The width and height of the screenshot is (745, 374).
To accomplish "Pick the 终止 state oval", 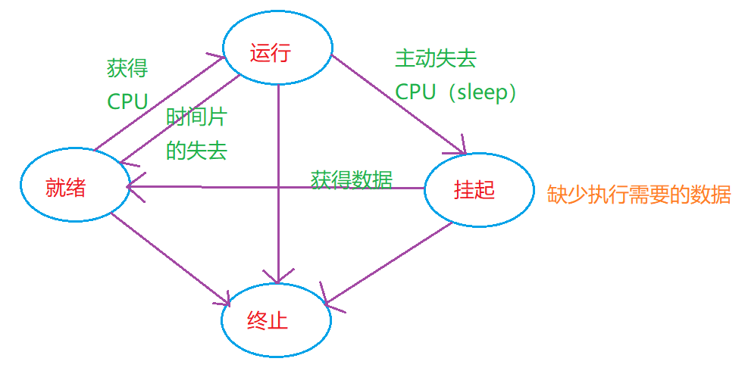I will [x=276, y=320].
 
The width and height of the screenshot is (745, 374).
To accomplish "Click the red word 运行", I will [x=271, y=54].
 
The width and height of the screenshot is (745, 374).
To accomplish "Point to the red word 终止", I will [x=268, y=320].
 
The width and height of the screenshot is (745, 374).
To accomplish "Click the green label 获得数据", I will [x=352, y=179].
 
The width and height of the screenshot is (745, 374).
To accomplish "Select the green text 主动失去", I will [x=436, y=58].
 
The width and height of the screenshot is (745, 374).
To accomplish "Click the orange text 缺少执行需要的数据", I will [x=639, y=195].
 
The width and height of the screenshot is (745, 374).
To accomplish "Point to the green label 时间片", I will [x=197, y=117].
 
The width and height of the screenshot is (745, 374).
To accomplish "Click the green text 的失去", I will [x=196, y=150].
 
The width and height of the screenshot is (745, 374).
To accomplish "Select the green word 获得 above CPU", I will [x=127, y=69].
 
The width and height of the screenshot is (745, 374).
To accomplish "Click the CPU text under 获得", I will [x=127, y=102].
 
